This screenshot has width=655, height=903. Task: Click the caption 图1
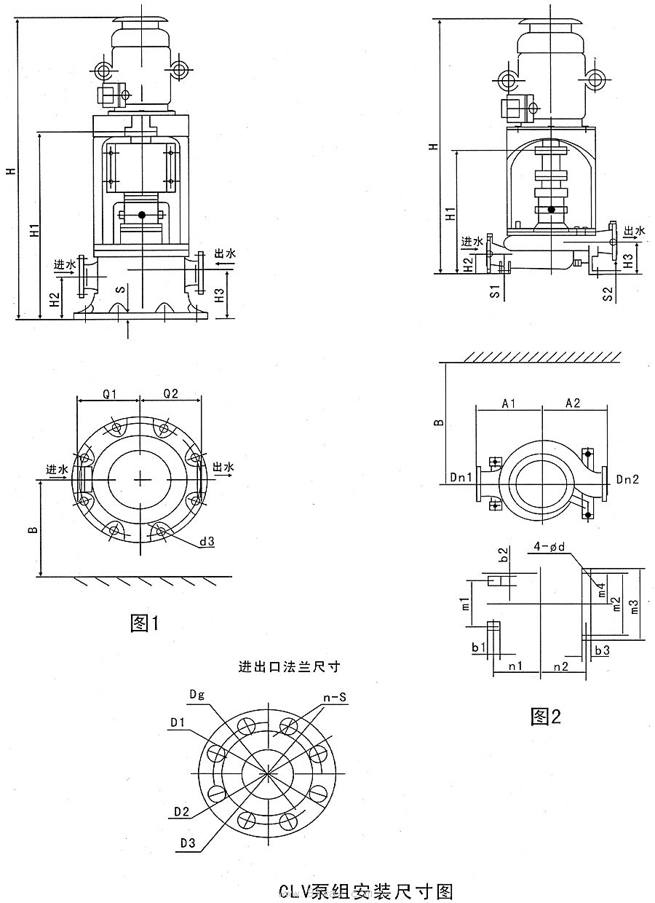point(144,623)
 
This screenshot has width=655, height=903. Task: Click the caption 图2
point(546,717)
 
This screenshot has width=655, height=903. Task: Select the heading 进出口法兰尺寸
point(290,666)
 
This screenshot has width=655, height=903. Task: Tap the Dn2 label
point(627,478)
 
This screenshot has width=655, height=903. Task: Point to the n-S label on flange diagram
point(335,698)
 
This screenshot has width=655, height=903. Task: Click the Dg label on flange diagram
point(196,694)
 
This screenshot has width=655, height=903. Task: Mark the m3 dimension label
point(635,606)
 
